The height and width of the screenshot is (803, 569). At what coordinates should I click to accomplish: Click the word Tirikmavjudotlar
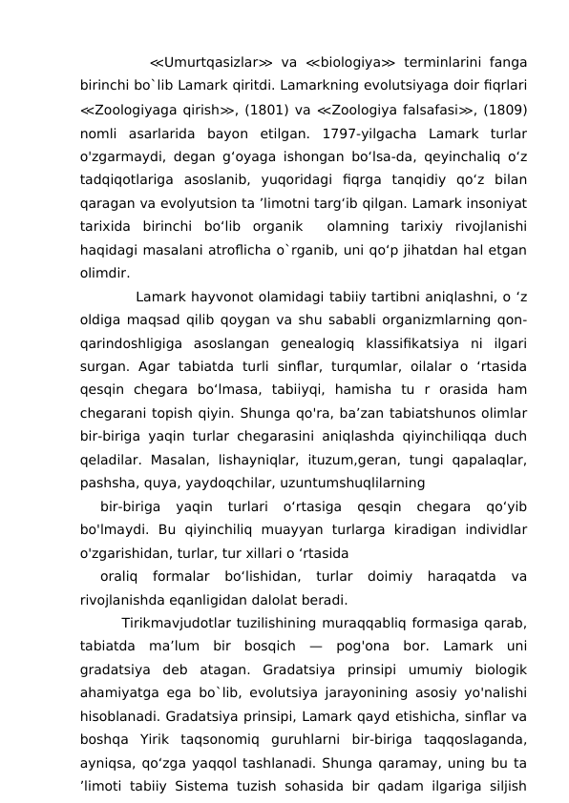177,624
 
